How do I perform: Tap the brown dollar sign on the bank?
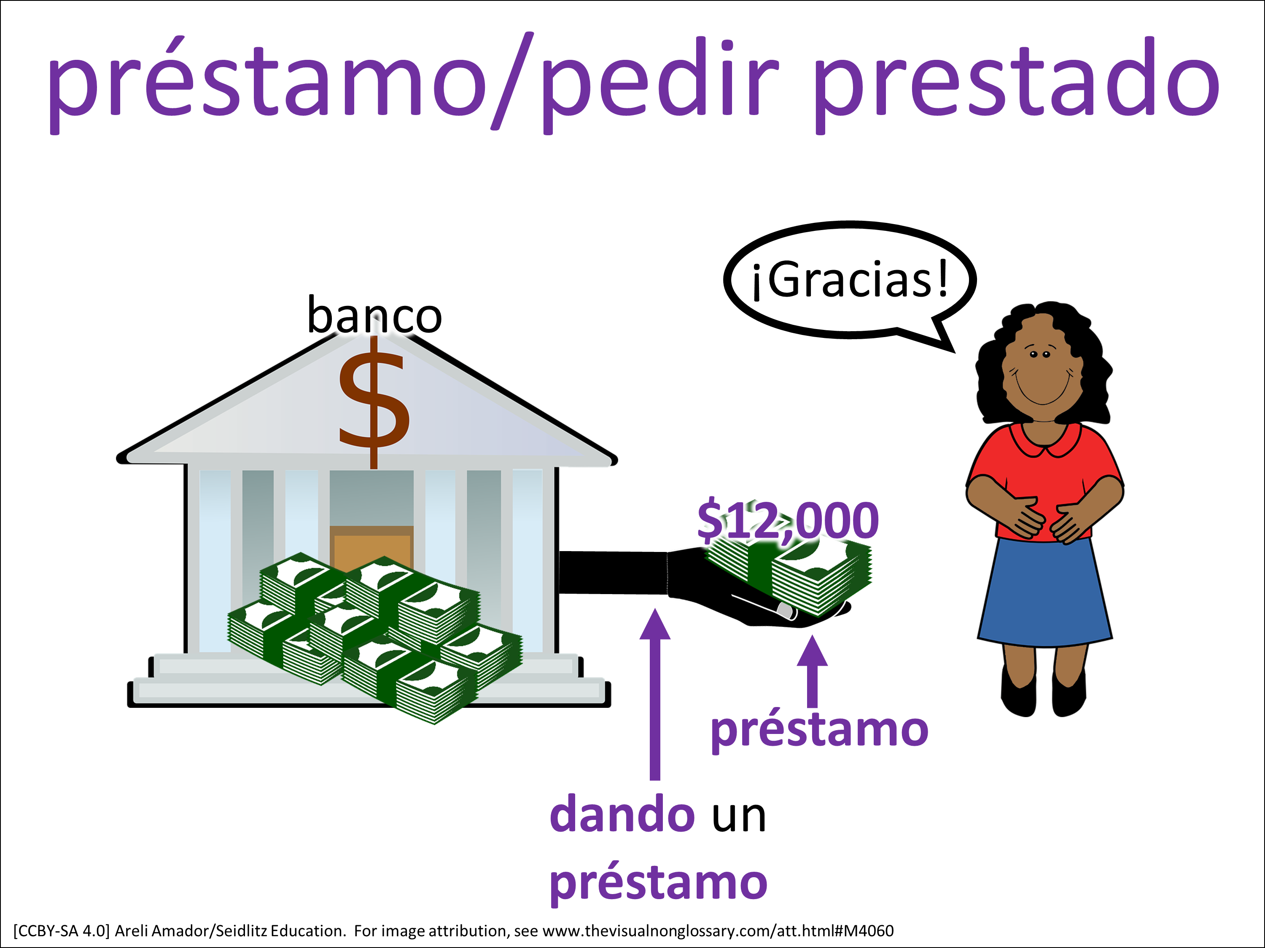(374, 403)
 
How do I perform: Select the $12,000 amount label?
(788, 520)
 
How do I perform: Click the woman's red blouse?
(1045, 474)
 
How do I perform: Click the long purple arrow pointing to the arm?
(655, 694)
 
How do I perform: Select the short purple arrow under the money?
(812, 672)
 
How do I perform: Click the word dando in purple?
(622, 815)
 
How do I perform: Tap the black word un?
(738, 818)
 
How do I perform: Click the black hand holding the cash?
(761, 594)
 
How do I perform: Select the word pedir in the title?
(660, 83)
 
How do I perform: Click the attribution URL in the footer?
(718, 931)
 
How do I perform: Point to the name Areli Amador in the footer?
(164, 931)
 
